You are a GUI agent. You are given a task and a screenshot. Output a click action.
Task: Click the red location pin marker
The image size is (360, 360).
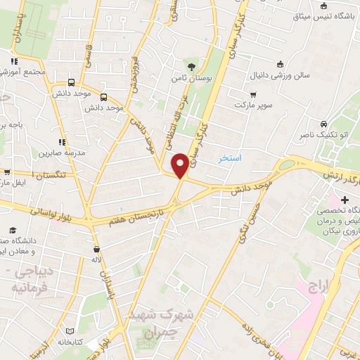coord(180,165)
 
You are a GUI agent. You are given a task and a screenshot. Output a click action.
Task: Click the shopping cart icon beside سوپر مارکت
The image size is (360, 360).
coord(253,93)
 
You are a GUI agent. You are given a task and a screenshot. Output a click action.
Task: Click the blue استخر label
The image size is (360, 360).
coord(230,158)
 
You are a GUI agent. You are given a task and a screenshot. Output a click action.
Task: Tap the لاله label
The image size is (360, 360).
coord(98,259)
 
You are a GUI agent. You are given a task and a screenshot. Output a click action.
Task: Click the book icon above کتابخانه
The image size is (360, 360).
coord(69,330)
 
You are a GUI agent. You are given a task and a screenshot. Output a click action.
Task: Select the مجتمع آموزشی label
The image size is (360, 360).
coord(24,72)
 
